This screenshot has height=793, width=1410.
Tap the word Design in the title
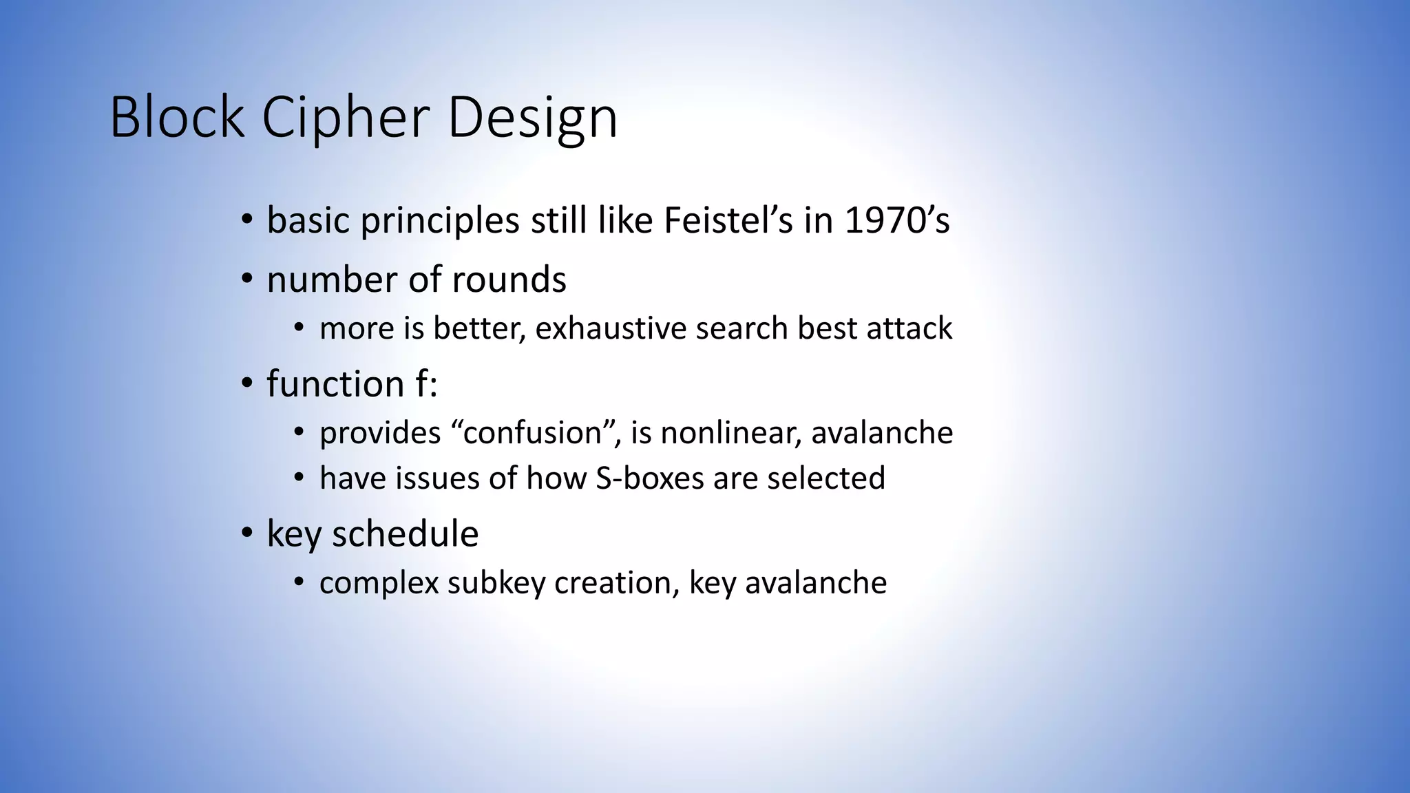pyautogui.click(x=532, y=118)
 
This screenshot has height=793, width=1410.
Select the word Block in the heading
pyautogui.click(x=177, y=118)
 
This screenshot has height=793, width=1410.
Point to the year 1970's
pyautogui.click(x=897, y=221)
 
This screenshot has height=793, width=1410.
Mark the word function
pyautogui.click(x=335, y=384)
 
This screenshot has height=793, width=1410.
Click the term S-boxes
pyautogui.click(x=649, y=478)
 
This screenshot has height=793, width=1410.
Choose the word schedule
pyautogui.click(x=405, y=534)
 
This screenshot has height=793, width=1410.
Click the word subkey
pyautogui.click(x=496, y=583)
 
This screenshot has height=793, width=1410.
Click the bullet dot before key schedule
pyautogui.click(x=247, y=534)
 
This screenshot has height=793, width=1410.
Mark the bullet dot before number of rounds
pyautogui.click(x=247, y=280)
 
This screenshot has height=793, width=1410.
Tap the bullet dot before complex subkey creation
pyautogui.click(x=298, y=583)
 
